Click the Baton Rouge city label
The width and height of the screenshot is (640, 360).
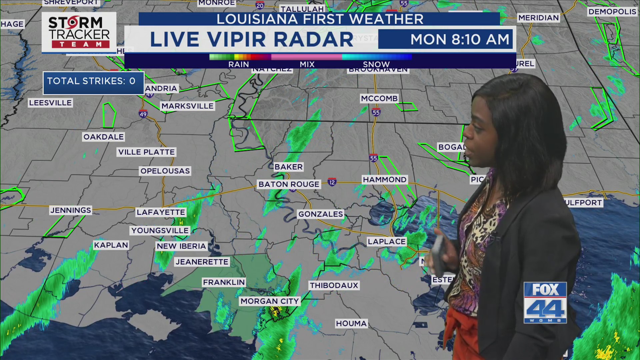coord(289,184)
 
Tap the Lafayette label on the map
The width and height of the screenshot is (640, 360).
coord(161,212)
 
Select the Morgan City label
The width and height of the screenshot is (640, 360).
coord(270,301)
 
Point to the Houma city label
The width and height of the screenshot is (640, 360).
coord(351,323)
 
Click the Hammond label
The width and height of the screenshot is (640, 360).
coord(385,180)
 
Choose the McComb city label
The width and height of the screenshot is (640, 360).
coord(379,99)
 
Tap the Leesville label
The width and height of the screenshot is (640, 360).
coord(50,103)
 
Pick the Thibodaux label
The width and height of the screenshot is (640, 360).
coord(334,285)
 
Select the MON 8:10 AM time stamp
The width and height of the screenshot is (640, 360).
coord(460,39)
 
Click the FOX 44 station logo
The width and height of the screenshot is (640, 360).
coord(545,302)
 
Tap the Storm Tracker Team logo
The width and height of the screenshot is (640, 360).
coord(79,32)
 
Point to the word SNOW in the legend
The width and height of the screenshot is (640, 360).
coord(376,64)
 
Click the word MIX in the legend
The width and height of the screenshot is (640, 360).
coord(307,64)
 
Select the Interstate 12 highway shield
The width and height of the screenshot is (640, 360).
coord(332,182)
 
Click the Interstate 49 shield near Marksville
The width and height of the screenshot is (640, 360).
coord(143,114)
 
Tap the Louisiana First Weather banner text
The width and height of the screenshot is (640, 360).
coord(320,19)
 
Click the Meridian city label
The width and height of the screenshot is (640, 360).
coord(538,18)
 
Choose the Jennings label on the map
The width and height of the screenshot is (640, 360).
coord(71,210)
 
